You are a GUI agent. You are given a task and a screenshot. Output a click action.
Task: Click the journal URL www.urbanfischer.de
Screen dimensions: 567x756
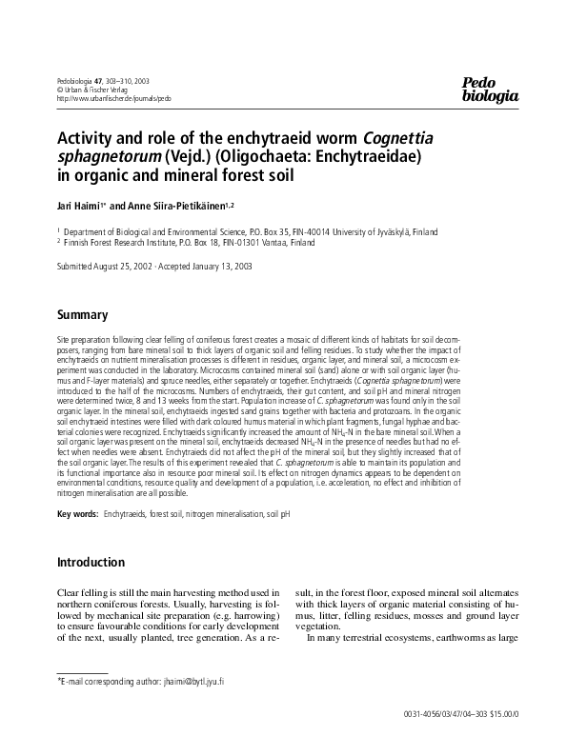tap(114, 98)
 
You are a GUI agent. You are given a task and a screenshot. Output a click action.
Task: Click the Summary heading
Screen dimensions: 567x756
tap(82, 314)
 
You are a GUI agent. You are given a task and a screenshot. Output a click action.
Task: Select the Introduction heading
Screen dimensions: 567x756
tap(93, 561)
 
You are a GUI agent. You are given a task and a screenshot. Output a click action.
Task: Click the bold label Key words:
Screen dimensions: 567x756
tap(78, 514)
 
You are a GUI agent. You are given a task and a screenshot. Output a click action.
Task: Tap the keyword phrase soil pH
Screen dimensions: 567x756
tap(277, 514)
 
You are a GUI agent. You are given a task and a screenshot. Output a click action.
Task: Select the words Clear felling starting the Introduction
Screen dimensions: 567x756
tap(85, 593)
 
